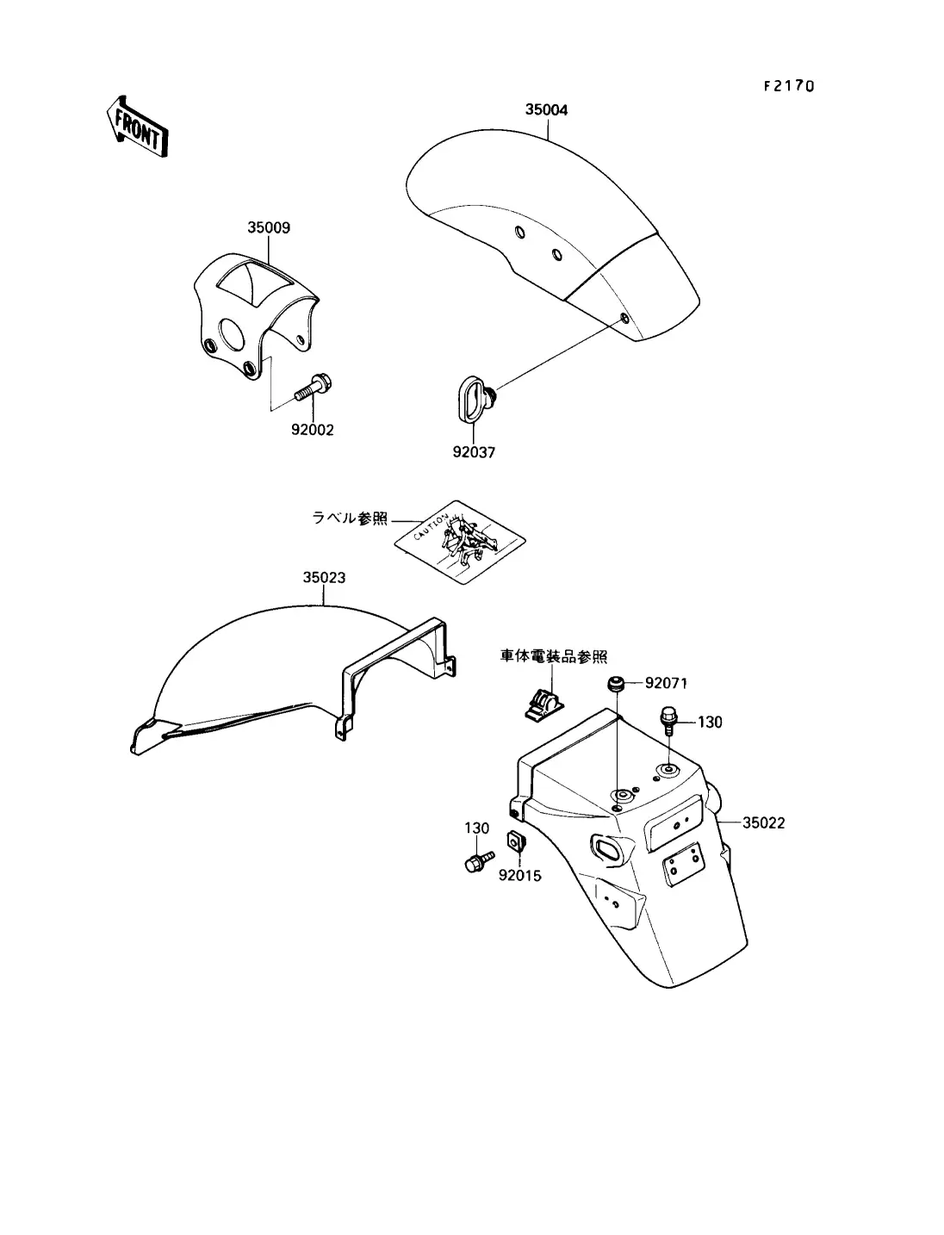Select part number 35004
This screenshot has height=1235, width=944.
546,110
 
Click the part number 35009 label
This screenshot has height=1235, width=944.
269,227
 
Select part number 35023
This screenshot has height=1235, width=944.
324,577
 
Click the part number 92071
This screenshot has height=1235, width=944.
666,684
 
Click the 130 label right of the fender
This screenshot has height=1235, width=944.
709,722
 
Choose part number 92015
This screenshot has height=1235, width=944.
520,877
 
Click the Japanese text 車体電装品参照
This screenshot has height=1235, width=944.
554,656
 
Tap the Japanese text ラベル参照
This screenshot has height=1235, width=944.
350,518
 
